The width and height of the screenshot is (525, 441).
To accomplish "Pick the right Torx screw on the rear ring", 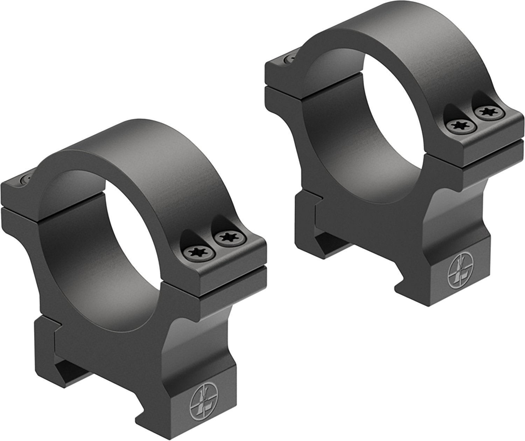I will tap(486, 112).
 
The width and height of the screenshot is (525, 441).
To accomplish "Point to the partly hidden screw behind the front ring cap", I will tap(27, 180).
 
